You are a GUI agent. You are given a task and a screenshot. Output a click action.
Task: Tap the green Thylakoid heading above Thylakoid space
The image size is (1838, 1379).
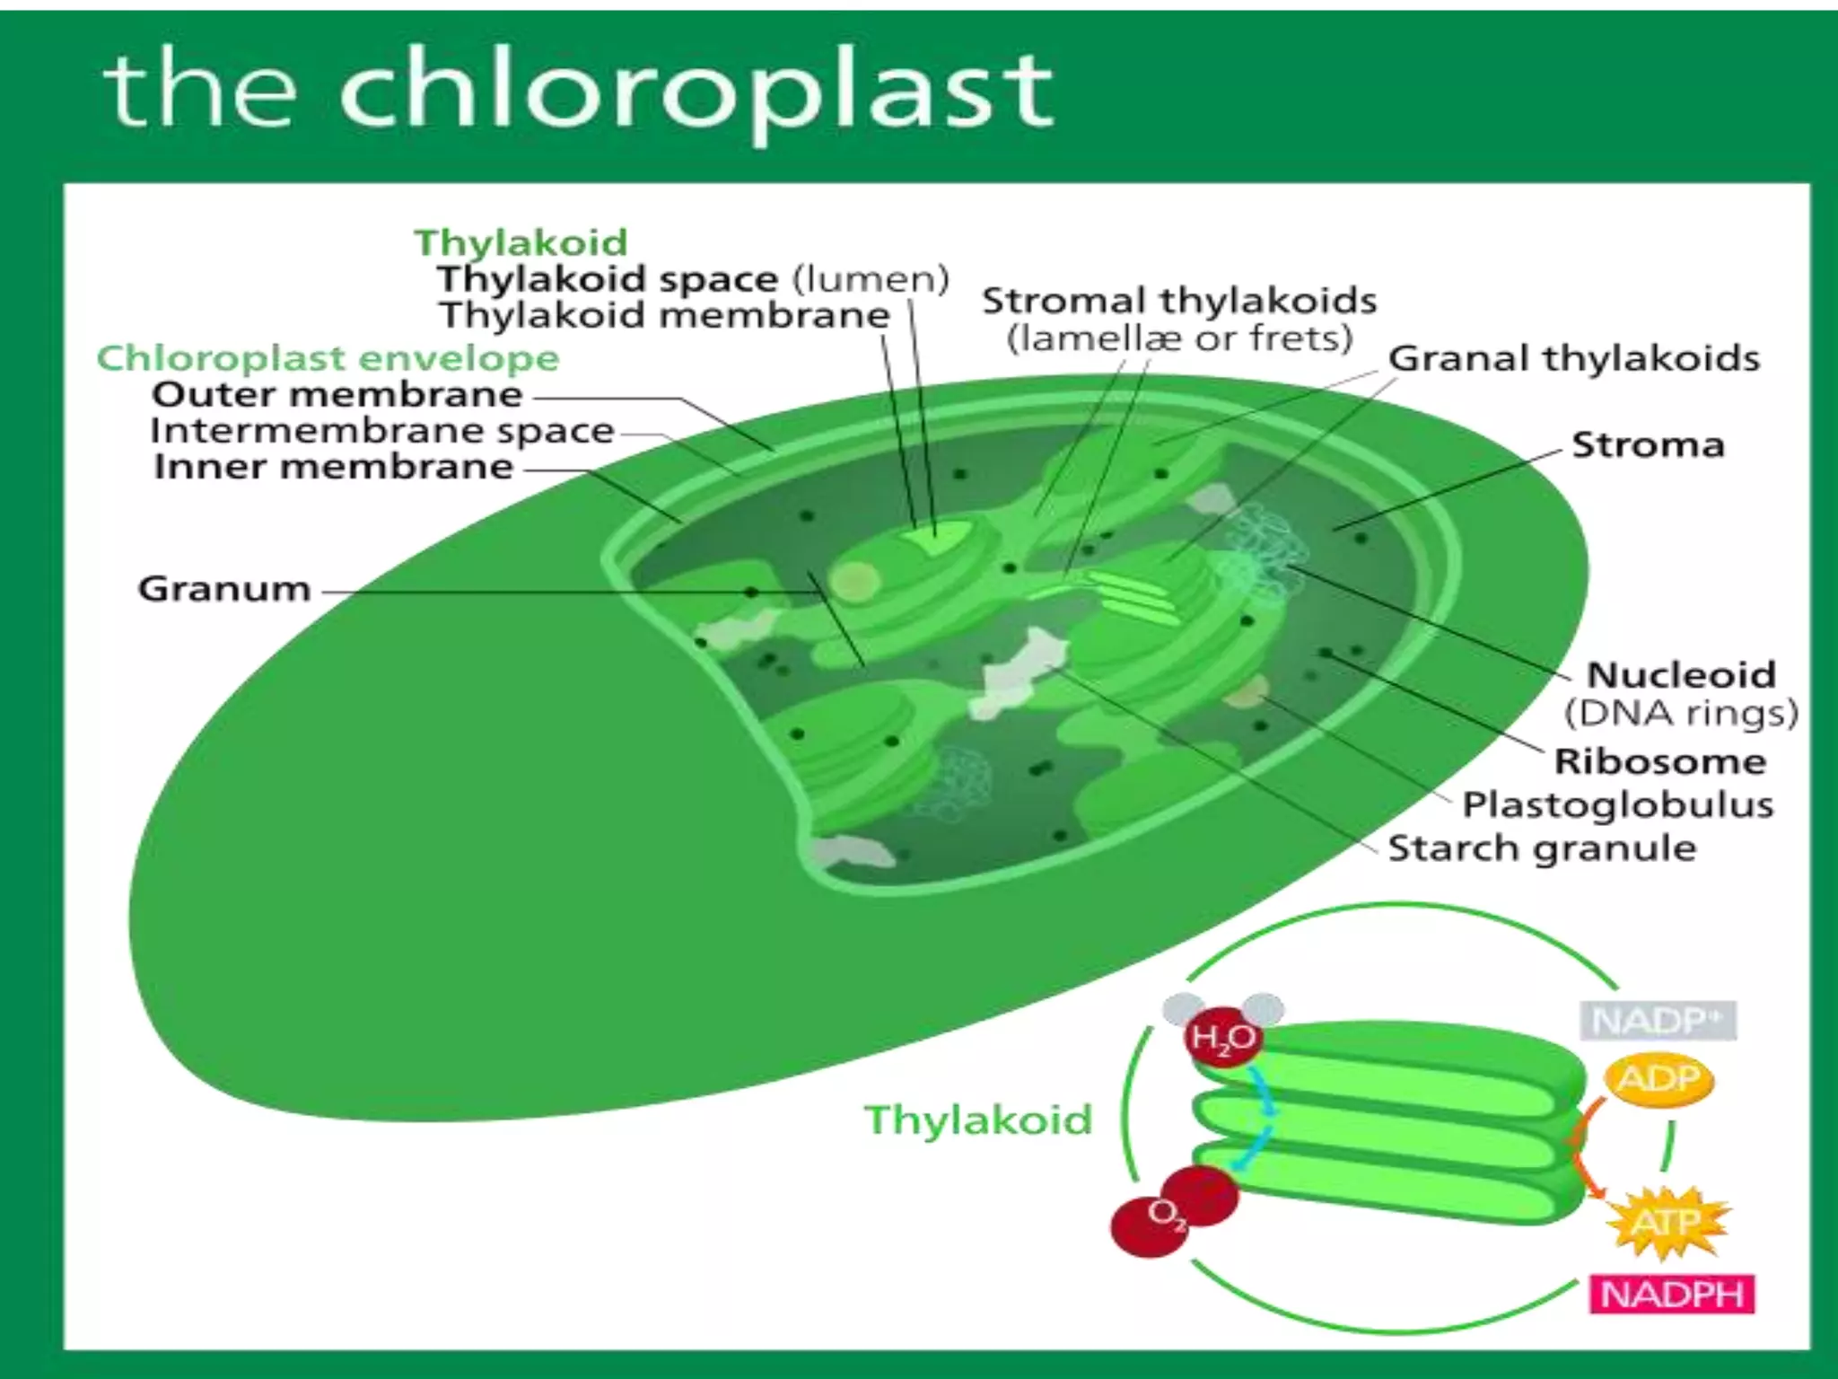pyautogui.click(x=521, y=242)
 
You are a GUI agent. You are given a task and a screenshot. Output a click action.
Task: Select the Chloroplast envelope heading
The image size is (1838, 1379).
pyautogui.click(x=328, y=358)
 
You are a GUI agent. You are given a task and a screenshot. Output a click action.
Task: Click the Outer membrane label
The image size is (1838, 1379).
pyautogui.click(x=337, y=394)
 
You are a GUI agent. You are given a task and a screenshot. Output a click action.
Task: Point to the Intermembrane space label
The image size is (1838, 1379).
pyautogui.click(x=382, y=431)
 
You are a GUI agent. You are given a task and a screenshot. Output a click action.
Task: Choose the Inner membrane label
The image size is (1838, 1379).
pyautogui.click(x=334, y=467)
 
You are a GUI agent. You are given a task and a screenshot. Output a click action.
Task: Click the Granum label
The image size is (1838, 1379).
pyautogui.click(x=224, y=589)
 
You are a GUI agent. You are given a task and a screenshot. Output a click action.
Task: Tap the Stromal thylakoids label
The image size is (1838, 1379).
pyautogui.click(x=1179, y=301)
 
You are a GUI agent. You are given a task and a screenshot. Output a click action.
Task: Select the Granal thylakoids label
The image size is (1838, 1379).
pyautogui.click(x=1574, y=358)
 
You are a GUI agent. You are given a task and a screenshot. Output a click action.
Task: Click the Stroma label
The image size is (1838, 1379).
pyautogui.click(x=1648, y=445)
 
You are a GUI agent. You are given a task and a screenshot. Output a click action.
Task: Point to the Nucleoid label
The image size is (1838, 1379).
pyautogui.click(x=1682, y=674)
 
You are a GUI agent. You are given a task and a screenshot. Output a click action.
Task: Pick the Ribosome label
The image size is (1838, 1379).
pyautogui.click(x=1660, y=761)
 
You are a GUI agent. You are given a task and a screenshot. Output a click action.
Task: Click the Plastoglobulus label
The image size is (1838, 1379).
pyautogui.click(x=1618, y=804)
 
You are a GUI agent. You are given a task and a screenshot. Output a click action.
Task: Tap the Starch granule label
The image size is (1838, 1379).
pyautogui.click(x=1542, y=848)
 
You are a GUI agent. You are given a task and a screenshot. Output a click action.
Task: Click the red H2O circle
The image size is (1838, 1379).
pyautogui.click(x=1223, y=1040)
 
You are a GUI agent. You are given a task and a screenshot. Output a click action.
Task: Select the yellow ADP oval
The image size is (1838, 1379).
pyautogui.click(x=1659, y=1078)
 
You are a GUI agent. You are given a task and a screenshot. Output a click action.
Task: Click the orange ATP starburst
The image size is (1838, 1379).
pyautogui.click(x=1666, y=1222)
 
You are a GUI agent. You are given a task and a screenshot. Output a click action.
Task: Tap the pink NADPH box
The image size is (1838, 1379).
pyautogui.click(x=1672, y=1295)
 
